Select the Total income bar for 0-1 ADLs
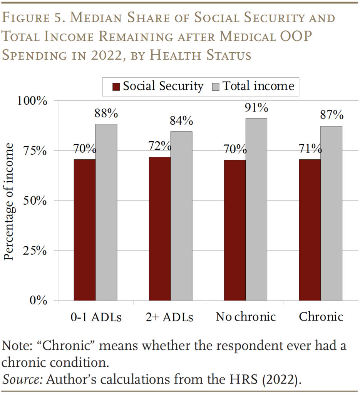click(x=106, y=212)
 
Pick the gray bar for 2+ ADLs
click(x=181, y=216)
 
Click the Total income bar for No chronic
click(x=256, y=209)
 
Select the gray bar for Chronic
click(x=331, y=213)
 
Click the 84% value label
click(x=181, y=121)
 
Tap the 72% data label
click(x=160, y=146)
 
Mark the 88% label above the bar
click(x=106, y=114)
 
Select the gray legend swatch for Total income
click(x=216, y=87)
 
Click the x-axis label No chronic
click(x=246, y=317)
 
